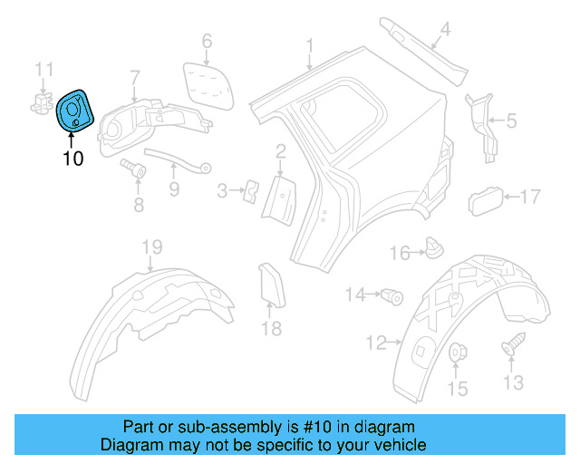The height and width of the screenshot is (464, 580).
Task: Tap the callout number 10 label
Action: point(72,159)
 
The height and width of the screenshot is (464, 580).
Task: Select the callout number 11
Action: point(44,68)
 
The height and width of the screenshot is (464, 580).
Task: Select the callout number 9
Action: point(173,189)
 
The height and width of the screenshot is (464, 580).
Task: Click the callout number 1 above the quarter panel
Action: point(309,45)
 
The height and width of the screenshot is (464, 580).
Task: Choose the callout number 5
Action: point(510,119)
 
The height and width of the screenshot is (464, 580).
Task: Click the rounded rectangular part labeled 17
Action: point(483,198)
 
